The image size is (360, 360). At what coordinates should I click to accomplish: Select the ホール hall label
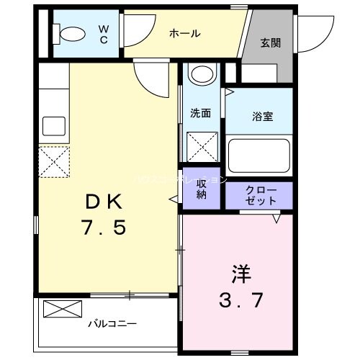(x=185, y=34)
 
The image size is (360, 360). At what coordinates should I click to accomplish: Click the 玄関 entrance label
(x=271, y=42)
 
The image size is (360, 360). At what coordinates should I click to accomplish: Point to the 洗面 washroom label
(x=200, y=113)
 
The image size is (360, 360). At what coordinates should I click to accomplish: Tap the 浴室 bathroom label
(x=261, y=114)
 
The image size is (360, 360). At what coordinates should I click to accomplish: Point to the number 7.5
(x=105, y=228)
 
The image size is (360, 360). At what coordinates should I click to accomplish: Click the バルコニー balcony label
(x=112, y=323)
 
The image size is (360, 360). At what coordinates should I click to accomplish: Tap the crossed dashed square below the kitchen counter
(x=53, y=161)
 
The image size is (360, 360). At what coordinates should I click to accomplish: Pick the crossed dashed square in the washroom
(x=202, y=147)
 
